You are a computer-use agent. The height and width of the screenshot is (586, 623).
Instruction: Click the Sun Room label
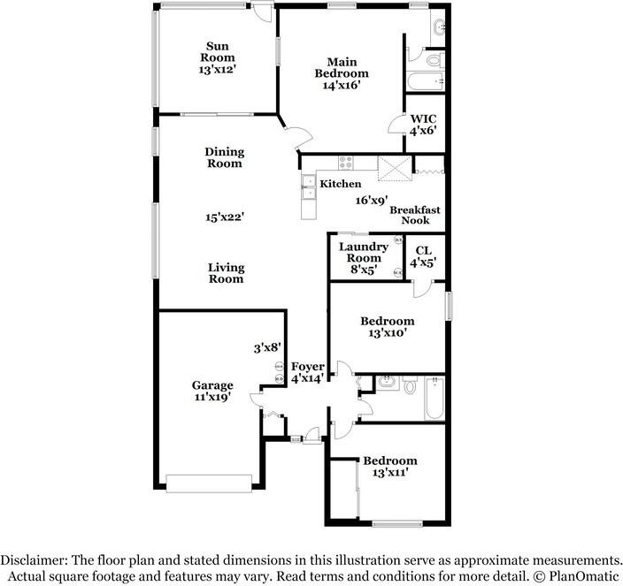[220, 52]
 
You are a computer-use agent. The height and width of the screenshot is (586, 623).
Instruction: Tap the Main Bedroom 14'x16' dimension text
[342, 86]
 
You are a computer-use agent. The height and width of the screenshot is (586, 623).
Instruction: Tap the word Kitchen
[340, 184]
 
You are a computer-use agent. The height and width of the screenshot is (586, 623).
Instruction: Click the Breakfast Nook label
[415, 215]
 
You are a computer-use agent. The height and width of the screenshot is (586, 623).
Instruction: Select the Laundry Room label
[363, 253]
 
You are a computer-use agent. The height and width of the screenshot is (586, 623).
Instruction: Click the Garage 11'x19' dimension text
[213, 397]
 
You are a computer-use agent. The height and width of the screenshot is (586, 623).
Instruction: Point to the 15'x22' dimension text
[223, 216]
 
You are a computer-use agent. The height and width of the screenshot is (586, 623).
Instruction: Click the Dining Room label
[224, 157]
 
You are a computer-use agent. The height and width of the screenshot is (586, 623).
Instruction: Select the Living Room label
[227, 273]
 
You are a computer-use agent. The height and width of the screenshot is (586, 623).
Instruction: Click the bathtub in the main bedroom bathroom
[422, 84]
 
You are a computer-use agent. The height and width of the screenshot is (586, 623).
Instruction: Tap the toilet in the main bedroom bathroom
[433, 60]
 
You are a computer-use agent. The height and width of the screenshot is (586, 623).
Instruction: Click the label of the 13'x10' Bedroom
[387, 327]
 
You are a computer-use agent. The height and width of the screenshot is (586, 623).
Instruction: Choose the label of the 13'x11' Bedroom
[389, 467]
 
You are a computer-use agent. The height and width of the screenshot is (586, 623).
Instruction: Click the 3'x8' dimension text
[266, 348]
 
